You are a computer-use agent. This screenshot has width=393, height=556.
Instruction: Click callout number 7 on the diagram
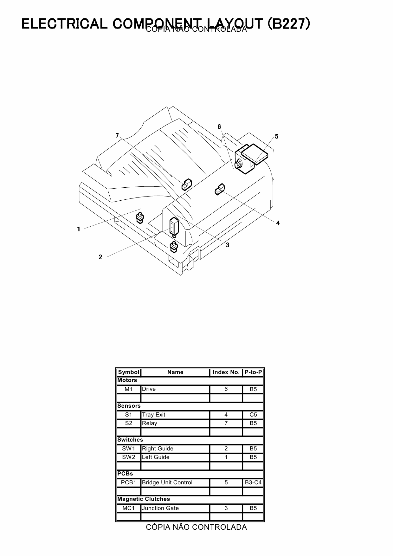tap(117, 136)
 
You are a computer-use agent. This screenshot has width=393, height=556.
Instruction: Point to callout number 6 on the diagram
tap(219, 127)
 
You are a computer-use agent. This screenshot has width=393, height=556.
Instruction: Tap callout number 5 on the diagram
tap(277, 137)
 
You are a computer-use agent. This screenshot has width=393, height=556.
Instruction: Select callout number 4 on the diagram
tap(278, 223)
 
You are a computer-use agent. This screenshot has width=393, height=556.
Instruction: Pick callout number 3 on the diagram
tap(228, 245)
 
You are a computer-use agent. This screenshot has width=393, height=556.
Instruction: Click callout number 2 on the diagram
tap(100, 257)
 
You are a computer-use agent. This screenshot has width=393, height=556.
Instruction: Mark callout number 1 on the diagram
tap(79, 229)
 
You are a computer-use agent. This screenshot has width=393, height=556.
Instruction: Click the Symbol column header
tap(129, 372)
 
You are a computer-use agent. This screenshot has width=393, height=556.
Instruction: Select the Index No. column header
tap(226, 372)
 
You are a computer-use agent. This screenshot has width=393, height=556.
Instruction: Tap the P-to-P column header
tap(253, 372)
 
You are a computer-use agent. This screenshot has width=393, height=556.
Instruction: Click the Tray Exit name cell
tap(154, 415)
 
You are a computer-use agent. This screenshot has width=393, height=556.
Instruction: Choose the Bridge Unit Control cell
tap(167, 482)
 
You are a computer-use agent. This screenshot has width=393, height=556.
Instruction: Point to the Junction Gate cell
tap(160, 508)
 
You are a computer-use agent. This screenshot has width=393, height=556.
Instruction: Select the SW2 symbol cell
tap(129, 457)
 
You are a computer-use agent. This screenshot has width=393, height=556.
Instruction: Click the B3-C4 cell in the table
tap(253, 482)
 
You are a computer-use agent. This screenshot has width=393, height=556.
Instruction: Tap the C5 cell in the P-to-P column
tap(253, 415)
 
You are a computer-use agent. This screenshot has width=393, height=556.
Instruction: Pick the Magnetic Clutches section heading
tap(144, 499)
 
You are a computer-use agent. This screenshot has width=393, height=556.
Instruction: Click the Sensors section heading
tap(129, 406)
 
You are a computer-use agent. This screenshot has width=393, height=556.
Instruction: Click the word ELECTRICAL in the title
tap(65, 24)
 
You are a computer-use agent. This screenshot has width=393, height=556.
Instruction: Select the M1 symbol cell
tap(129, 389)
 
